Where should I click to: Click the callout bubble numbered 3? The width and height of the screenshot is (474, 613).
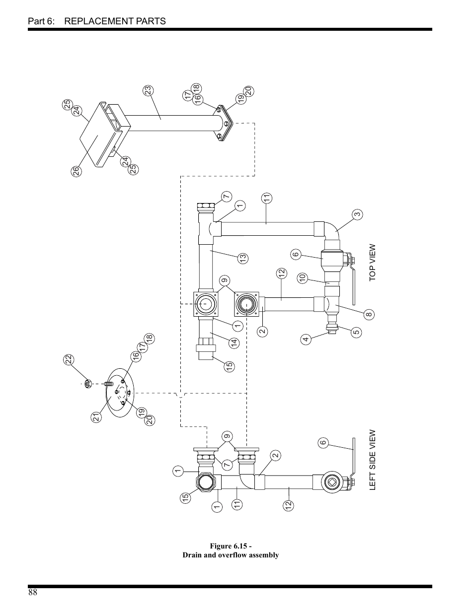(357, 214)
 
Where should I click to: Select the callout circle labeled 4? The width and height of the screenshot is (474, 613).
(306, 340)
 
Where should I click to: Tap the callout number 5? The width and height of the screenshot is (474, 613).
(356, 332)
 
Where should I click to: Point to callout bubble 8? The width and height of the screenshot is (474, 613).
(369, 314)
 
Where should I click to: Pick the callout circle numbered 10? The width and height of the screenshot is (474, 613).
(303, 278)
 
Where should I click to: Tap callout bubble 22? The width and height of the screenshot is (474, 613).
(69, 359)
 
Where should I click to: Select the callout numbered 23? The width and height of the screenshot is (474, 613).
(148, 90)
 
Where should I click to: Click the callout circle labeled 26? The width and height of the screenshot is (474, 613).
(75, 172)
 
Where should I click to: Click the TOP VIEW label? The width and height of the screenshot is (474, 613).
(372, 263)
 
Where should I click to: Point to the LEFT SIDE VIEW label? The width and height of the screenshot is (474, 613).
(372, 460)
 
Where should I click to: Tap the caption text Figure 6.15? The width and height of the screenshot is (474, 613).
(231, 546)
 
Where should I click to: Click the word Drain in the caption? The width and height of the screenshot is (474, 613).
(192, 555)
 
